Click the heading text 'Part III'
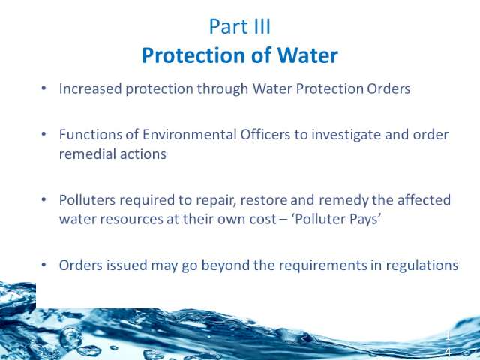[x=240, y=27]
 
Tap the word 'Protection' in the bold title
[x=194, y=55]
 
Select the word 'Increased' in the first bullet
[x=90, y=88]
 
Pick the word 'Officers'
[x=265, y=135]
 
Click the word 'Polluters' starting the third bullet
[x=87, y=200]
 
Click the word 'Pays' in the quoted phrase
[x=367, y=220]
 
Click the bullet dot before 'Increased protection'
[x=43, y=88]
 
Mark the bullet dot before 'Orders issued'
[x=43, y=265]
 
